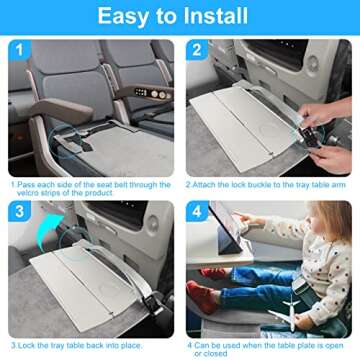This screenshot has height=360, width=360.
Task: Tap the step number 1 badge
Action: point(19,50)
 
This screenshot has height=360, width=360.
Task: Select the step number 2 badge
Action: point(197,50)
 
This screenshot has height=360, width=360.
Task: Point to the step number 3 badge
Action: point(19,211)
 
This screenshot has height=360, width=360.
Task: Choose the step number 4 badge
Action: point(197,211)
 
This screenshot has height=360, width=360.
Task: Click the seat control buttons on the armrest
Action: point(154,94)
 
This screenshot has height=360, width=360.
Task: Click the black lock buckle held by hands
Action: point(309,137)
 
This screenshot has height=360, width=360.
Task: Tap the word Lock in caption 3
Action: point(26,345)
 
